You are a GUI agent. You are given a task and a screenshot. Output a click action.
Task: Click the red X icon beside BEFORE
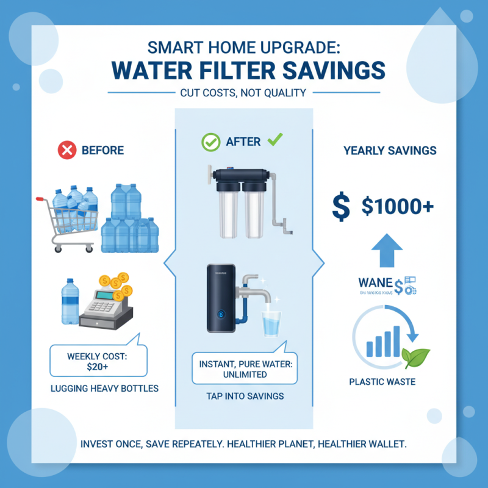66,150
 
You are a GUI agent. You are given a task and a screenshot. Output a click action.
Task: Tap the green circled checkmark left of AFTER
211,142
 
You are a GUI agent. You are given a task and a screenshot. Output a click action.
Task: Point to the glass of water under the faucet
270,323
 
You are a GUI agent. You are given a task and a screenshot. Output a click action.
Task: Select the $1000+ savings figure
397,207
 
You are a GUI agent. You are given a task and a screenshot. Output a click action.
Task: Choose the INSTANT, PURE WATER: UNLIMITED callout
245,368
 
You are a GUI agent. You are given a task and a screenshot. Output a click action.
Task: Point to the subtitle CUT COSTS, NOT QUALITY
243,93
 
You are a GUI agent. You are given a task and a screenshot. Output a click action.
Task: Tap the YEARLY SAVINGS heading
390,151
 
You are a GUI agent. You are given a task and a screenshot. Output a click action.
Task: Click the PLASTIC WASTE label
382,382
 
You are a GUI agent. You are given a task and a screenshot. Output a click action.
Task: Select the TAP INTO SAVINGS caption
244,396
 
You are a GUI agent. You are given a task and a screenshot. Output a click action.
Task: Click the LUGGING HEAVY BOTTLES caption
97,388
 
